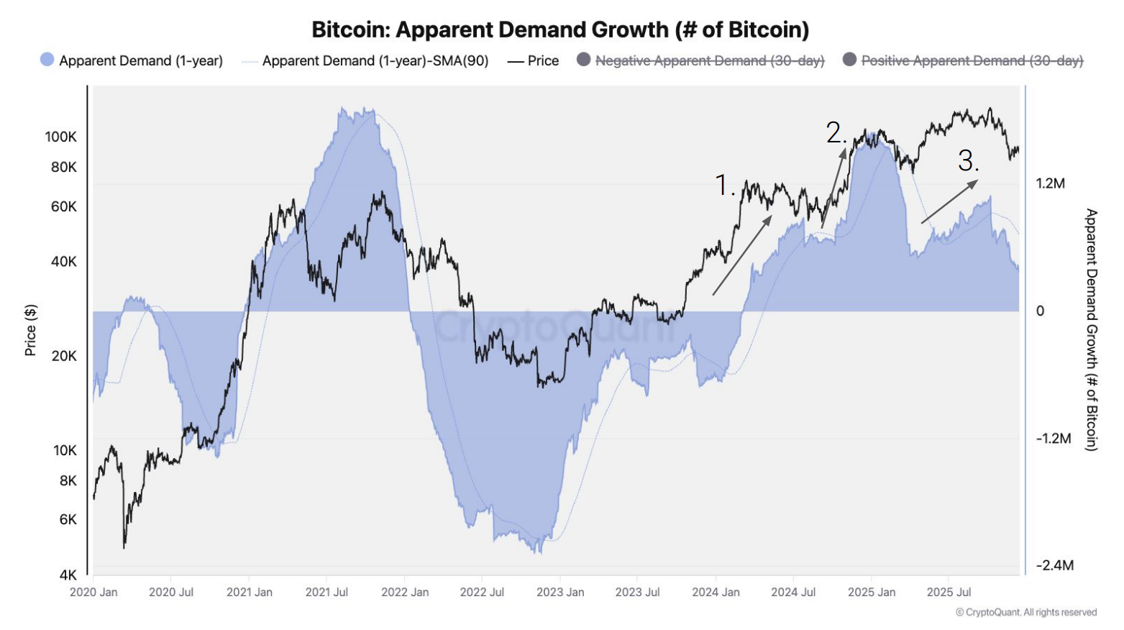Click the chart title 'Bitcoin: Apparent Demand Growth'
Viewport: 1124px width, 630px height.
pyautogui.click(x=560, y=29)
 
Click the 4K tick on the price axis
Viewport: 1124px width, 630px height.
pyautogui.click(x=68, y=575)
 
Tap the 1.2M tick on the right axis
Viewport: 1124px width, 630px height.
pyautogui.click(x=1050, y=183)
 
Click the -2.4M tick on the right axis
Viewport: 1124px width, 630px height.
pyautogui.click(x=1054, y=565)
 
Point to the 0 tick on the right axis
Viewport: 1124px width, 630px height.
pyautogui.click(x=1040, y=311)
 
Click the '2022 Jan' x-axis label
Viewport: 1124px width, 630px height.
pyautogui.click(x=405, y=592)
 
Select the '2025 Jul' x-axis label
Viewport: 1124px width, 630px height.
pyautogui.click(x=949, y=592)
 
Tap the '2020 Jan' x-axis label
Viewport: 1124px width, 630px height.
pyautogui.click(x=93, y=592)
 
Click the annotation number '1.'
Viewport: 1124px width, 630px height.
pyautogui.click(x=724, y=185)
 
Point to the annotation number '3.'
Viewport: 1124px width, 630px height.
pyautogui.click(x=968, y=160)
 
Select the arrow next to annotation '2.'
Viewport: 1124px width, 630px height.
pyautogui.click(x=834, y=188)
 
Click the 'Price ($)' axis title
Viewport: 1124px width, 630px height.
pyautogui.click(x=30, y=330)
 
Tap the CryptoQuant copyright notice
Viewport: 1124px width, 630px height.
pyautogui.click(x=1026, y=612)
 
